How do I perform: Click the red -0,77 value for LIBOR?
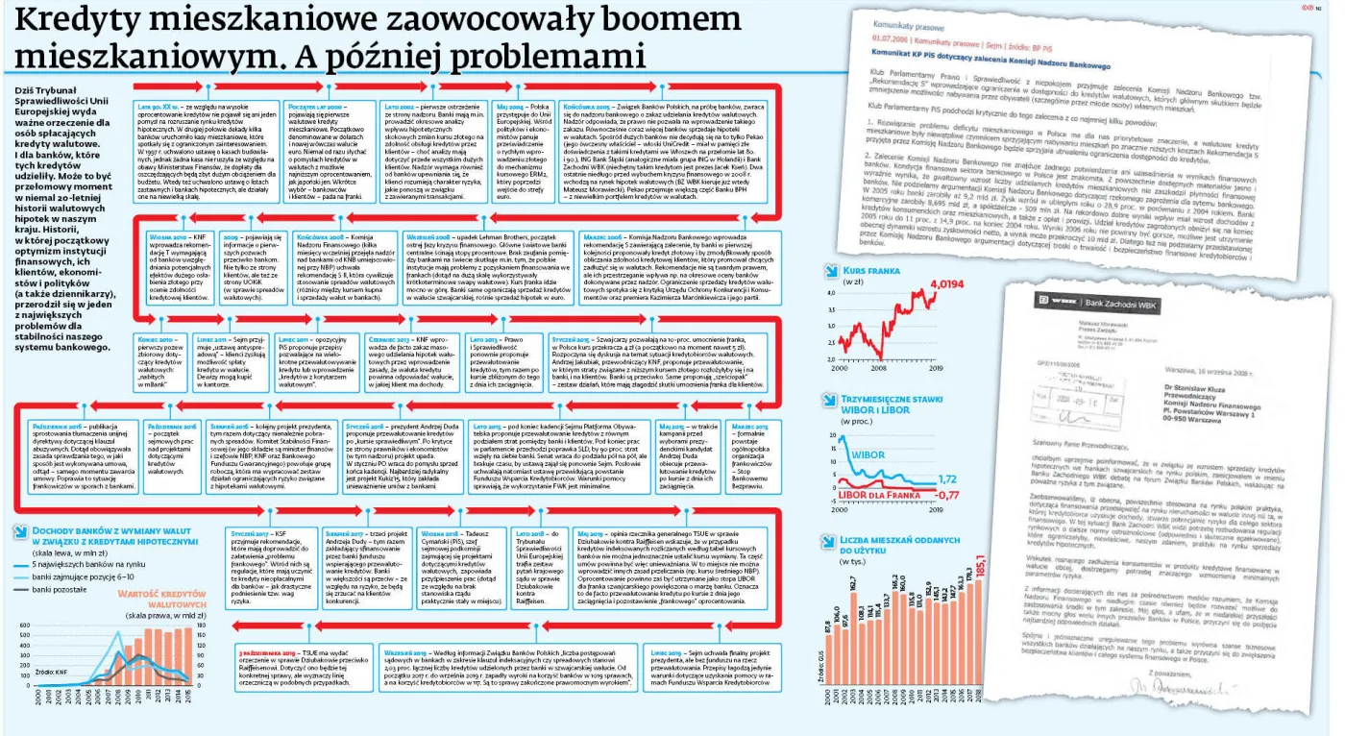(x=949, y=494)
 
